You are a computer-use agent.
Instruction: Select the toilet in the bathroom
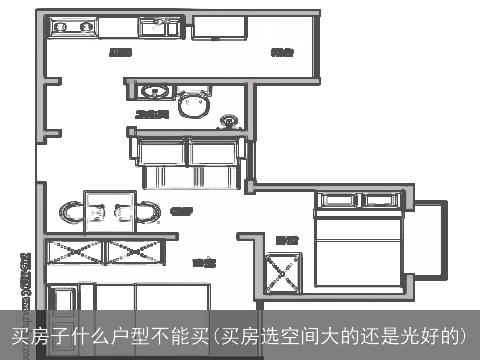tap(195, 105)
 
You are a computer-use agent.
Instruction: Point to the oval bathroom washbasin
tap(153, 91)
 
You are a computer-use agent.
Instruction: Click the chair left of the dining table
tap(72, 212)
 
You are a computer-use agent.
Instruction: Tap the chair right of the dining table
tap(145, 212)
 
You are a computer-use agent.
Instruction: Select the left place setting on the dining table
tap(98, 211)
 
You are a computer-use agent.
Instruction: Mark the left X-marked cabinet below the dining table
tap(71, 250)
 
